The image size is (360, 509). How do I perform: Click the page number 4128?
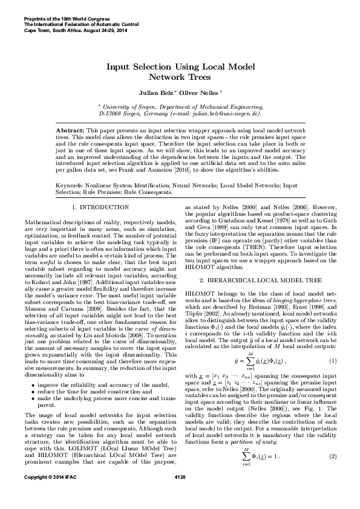(180, 494)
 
